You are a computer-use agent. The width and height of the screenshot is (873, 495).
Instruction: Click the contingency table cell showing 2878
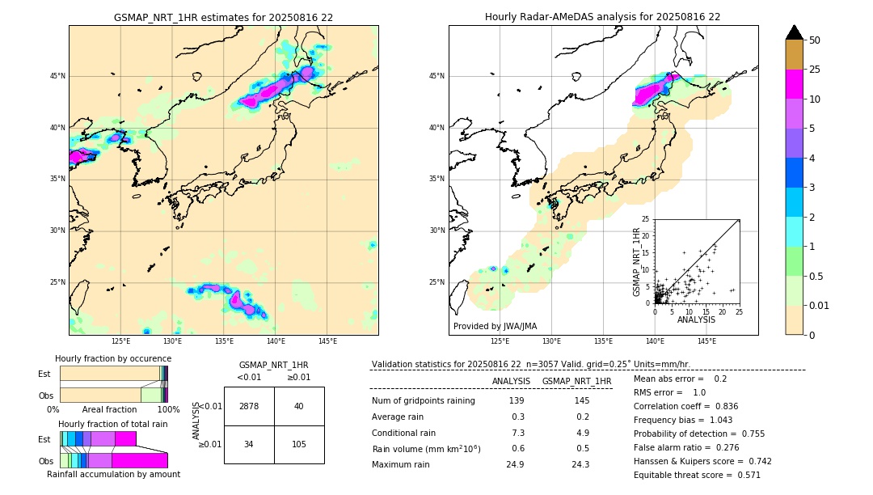(x=249, y=406)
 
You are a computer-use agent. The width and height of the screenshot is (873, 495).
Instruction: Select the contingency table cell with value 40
(x=299, y=406)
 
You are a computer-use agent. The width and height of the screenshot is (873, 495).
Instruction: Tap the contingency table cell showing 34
(x=249, y=444)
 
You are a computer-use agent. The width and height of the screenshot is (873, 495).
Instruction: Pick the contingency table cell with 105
(x=299, y=444)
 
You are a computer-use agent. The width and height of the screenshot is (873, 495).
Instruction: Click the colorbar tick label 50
(x=815, y=40)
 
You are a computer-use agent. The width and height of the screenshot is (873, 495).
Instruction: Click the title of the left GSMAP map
(x=223, y=17)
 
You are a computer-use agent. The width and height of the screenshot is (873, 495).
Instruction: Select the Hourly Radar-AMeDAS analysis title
(x=603, y=17)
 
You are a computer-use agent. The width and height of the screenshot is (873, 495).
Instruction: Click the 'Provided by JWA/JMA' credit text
(x=495, y=326)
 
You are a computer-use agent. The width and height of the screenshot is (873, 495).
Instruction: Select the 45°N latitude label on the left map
(x=57, y=76)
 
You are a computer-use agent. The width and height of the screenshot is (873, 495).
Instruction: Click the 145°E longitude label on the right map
(x=706, y=341)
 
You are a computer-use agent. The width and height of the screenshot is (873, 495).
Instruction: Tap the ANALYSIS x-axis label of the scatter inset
(x=696, y=320)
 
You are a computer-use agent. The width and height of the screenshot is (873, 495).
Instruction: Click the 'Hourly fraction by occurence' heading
(x=113, y=358)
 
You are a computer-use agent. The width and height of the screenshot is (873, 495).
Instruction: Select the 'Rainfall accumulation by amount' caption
(x=113, y=474)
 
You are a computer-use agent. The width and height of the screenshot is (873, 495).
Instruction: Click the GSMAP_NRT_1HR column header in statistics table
(x=576, y=381)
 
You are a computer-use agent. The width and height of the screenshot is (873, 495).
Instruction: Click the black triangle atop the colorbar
(x=795, y=32)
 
